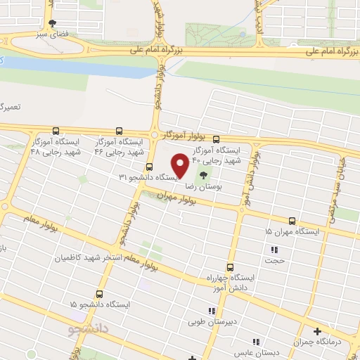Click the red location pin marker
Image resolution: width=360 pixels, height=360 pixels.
[x=181, y=165]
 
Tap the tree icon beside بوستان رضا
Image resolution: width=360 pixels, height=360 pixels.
[x=203, y=176]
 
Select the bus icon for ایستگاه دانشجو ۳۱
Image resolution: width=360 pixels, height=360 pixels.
[x=149, y=167]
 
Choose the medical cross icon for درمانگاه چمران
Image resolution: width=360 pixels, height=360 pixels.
[x=317, y=331]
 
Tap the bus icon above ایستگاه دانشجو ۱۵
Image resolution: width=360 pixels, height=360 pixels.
[x=99, y=294]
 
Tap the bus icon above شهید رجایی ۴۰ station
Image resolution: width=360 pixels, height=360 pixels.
[x=216, y=139]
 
